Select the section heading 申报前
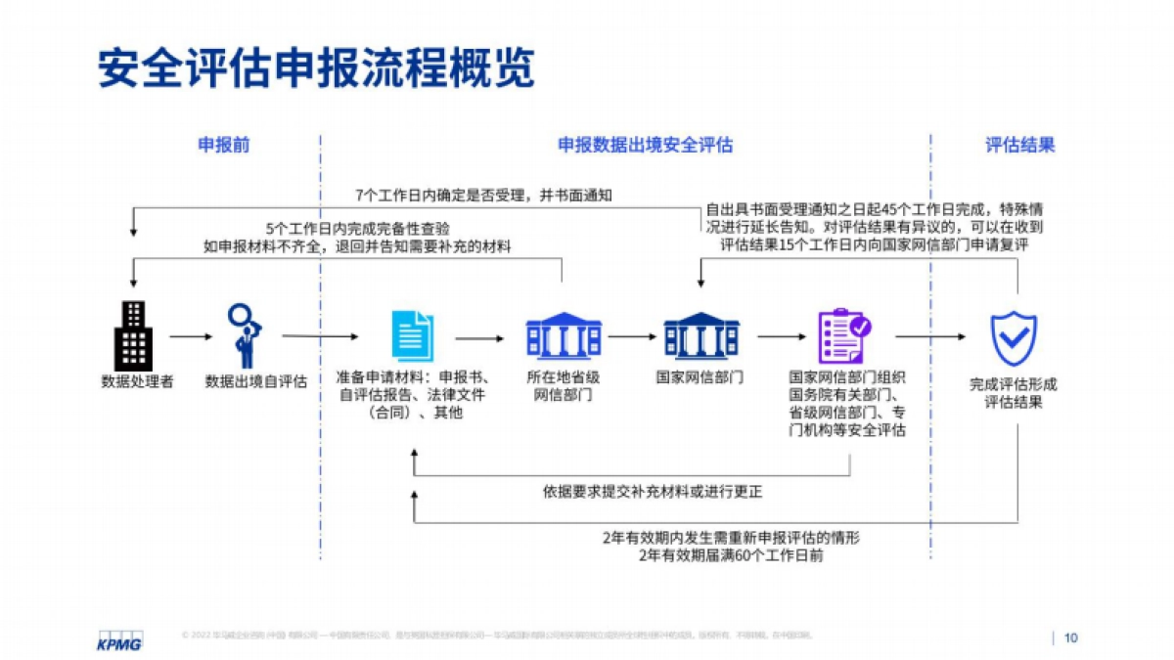[224, 146]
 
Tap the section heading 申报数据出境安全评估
[645, 146]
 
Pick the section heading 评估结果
[1019, 146]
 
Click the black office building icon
[133, 335]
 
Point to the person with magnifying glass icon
[244, 335]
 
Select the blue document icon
[412, 335]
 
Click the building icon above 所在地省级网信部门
[563, 335]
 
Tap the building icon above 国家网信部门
[701, 335]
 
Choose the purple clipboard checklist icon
[844, 335]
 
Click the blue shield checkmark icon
[1014, 338]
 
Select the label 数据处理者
[137, 381]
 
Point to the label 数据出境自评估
[255, 381]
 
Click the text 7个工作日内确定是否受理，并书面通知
[484, 196]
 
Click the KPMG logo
[119, 640]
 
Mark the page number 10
[1070, 638]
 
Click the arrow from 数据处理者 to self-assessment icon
[190, 336]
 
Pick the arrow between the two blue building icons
[632, 336]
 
